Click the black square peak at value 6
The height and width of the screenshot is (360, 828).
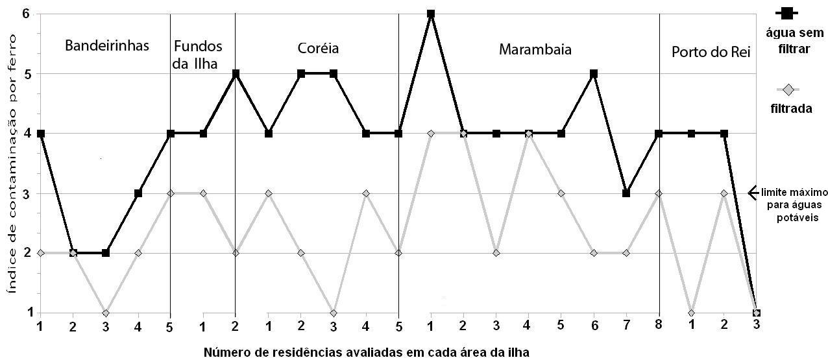[431, 14]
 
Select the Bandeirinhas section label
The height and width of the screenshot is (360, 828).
[107, 46]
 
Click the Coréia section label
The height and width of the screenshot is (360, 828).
[318, 49]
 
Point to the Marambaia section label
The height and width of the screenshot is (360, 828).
[535, 49]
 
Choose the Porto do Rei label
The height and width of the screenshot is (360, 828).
[711, 52]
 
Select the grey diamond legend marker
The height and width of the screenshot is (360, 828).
[786, 90]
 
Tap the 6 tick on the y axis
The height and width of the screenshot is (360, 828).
[27, 14]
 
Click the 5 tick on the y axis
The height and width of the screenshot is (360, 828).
[27, 73]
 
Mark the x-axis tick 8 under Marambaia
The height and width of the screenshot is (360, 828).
[659, 326]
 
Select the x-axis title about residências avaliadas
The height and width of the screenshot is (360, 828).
[367, 353]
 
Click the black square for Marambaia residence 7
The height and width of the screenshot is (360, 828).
[626, 193]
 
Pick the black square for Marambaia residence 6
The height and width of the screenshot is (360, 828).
[594, 73]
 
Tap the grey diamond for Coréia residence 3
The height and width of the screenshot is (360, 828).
[333, 313]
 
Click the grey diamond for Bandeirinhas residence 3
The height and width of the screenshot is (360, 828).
[105, 313]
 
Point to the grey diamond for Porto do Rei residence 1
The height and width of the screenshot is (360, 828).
[692, 313]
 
